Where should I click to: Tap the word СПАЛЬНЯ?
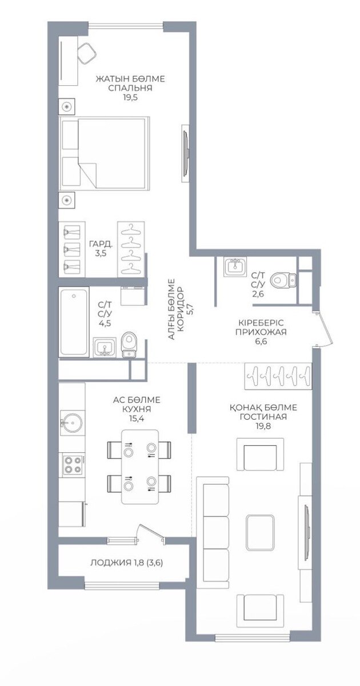(131, 88)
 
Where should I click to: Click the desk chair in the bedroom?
(87, 53)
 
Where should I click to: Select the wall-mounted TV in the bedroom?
(185, 153)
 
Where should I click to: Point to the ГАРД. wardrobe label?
(101, 245)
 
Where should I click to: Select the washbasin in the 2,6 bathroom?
(235, 266)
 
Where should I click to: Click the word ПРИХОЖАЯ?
(261, 332)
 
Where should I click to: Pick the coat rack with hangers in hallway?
(278, 376)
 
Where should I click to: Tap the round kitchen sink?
(72, 423)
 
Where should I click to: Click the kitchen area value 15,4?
(136, 418)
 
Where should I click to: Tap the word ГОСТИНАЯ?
(263, 417)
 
